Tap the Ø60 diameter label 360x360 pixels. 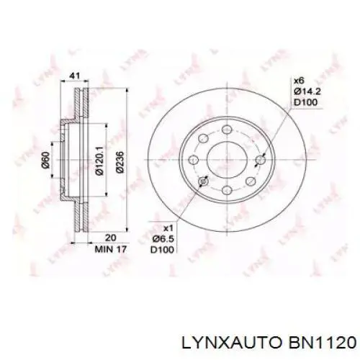point(45,160)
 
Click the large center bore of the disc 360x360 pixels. point(226,159)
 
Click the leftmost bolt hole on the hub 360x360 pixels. point(193,159)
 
